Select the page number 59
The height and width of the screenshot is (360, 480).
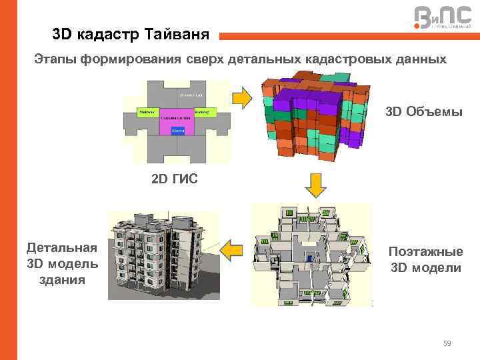coord(447,343)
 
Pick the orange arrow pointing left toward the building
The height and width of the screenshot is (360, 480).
coord(231,252)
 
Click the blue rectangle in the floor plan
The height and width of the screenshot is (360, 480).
coord(178,131)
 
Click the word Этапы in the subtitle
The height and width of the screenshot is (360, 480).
coord(55,59)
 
